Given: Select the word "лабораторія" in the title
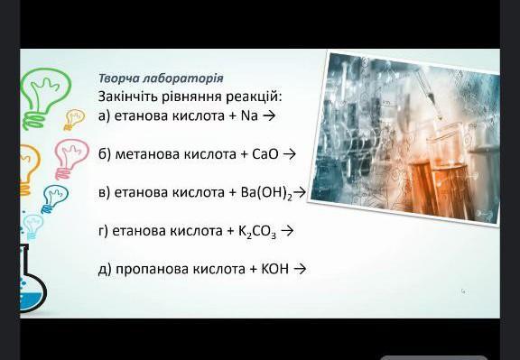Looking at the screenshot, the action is point(183,78).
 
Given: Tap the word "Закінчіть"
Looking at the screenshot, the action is point(127,97).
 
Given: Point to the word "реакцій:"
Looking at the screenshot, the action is point(254,97).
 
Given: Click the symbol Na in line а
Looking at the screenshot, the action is point(249,116).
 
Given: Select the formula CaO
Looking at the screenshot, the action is point(265,154).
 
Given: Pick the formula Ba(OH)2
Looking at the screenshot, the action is point(266,193).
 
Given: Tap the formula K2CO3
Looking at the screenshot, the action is point(257,231).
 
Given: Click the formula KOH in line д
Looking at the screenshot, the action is point(275,269).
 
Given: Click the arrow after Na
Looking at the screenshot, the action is point(269,116).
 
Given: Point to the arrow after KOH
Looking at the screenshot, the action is point(300,269).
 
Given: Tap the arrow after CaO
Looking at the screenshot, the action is point(290,154).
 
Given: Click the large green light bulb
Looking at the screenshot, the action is point(45,97).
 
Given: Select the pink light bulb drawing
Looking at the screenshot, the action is point(70,159).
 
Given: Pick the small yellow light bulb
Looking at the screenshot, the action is point(74,119).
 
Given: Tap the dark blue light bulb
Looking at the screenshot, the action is point(54,198).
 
